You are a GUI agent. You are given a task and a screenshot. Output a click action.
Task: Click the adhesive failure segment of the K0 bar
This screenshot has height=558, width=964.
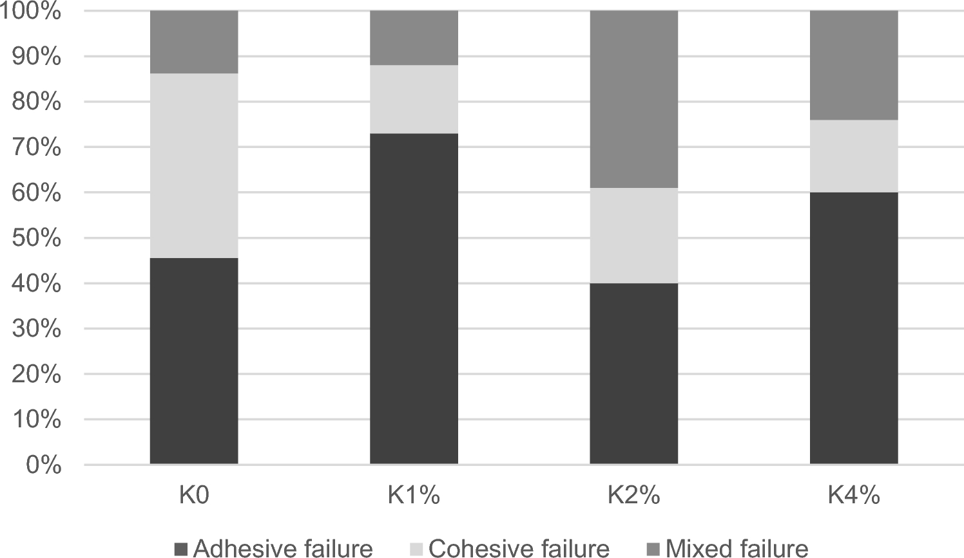(x=194, y=360)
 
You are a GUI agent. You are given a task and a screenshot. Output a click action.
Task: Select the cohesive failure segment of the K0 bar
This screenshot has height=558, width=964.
(x=194, y=165)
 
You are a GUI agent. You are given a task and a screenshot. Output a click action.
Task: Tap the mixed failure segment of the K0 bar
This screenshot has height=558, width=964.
(x=194, y=42)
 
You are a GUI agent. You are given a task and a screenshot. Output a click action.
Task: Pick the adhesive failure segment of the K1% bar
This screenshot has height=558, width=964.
(x=414, y=299)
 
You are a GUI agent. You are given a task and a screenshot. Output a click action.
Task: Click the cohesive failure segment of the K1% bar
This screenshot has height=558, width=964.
(x=414, y=99)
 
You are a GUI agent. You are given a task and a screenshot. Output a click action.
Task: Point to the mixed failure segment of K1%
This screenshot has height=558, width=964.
(x=414, y=38)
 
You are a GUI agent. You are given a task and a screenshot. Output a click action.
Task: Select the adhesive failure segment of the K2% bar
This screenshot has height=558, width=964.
(x=634, y=373)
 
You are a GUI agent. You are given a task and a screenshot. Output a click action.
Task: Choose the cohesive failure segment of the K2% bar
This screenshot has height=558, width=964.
(x=634, y=236)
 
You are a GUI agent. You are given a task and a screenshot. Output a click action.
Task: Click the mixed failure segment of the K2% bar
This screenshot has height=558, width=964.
(x=634, y=99)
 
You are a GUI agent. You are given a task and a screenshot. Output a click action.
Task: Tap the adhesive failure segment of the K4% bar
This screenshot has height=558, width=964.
(x=854, y=328)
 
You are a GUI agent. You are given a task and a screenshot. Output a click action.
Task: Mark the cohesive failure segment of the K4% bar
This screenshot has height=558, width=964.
(x=854, y=156)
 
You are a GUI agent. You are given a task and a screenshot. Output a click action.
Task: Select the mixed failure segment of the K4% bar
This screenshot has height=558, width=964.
(x=854, y=65)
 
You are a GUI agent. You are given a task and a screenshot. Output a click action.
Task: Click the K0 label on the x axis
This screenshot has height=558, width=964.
(x=194, y=496)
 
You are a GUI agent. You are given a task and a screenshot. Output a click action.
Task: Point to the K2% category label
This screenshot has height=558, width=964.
(x=634, y=496)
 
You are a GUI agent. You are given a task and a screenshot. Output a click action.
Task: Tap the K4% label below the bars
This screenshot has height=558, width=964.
(x=854, y=496)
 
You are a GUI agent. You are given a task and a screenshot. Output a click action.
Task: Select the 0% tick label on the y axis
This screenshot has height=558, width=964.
(x=43, y=465)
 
